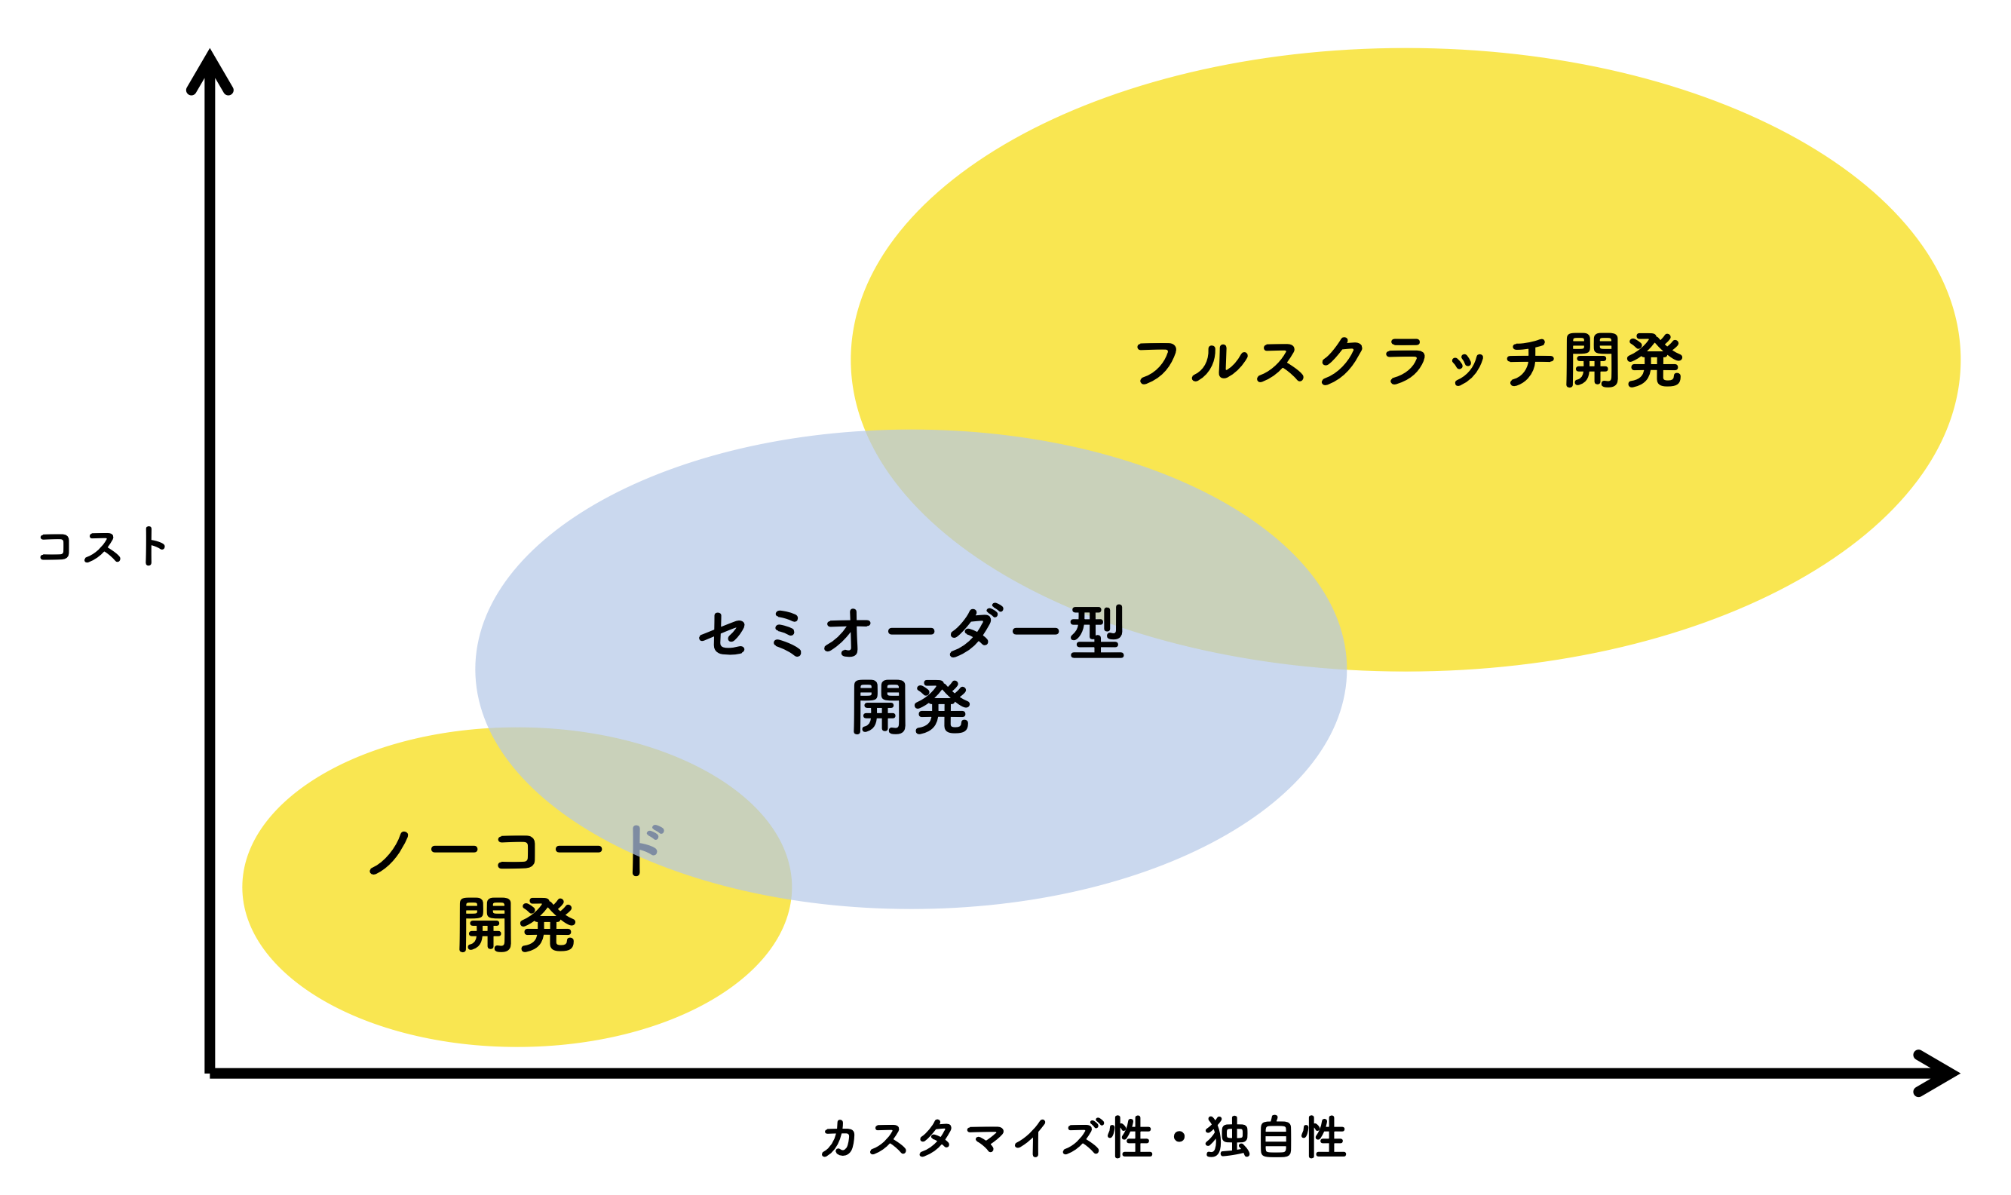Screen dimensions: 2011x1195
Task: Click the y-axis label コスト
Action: point(103,546)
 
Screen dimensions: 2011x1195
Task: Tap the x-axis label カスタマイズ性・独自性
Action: point(1083,1138)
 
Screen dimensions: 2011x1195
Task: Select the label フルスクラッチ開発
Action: point(1409,360)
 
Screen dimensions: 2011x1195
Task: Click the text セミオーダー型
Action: point(911,632)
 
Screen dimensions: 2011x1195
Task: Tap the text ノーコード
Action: point(516,850)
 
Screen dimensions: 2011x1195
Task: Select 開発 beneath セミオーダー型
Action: point(911,707)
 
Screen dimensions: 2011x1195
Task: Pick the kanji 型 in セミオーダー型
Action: point(1096,631)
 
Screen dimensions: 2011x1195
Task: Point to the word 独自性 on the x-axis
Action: point(1274,1138)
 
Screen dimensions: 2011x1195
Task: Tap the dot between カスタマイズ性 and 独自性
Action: point(1179,1137)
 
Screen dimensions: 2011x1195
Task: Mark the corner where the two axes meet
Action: point(210,1073)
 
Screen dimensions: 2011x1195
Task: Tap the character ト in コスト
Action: point(152,546)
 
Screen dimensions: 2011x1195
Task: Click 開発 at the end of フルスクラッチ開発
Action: point(1623,360)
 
